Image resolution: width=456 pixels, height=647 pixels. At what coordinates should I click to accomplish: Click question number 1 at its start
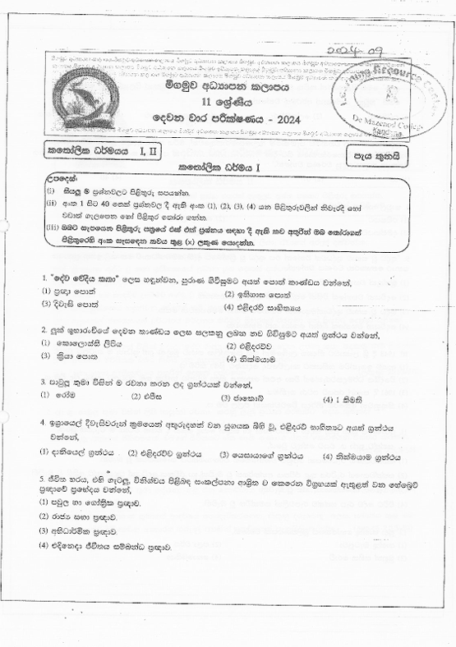[44, 282]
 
